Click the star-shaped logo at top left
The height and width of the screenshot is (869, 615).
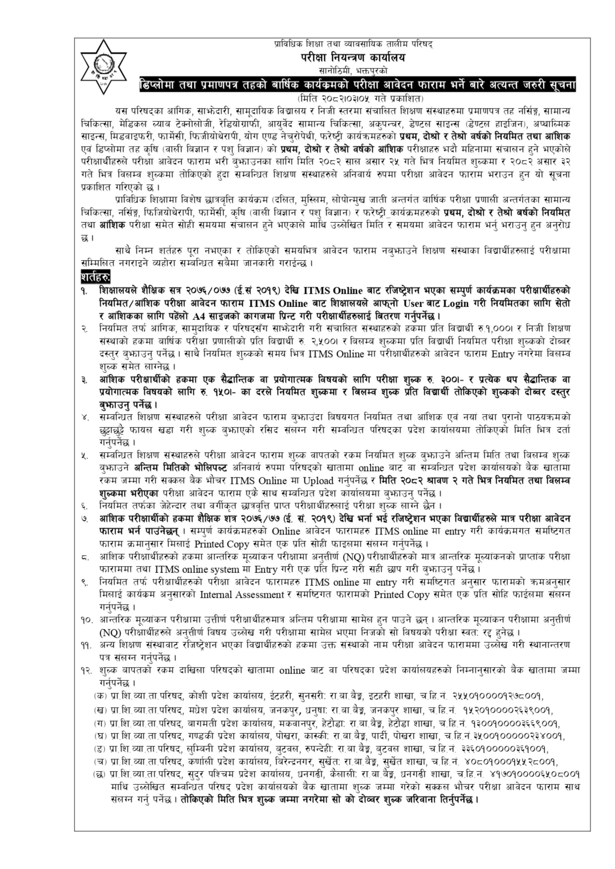[x=103, y=67]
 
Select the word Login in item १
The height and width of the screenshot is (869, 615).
[x=456, y=303]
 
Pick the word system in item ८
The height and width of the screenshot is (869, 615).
[x=230, y=570]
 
